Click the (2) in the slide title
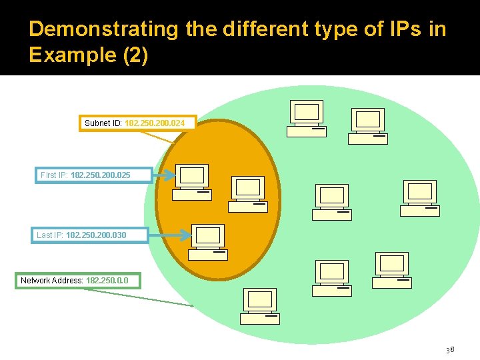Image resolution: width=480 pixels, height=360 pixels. pos(135,55)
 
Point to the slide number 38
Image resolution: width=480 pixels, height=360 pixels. pos(450,349)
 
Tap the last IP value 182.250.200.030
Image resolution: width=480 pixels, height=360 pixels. pos(96,235)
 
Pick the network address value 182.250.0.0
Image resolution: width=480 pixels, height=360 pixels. pos(112,281)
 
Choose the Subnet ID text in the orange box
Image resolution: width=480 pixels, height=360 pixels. pos(103,123)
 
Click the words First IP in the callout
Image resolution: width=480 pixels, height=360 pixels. pos(53,175)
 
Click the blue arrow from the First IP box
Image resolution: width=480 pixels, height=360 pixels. pos(164,176)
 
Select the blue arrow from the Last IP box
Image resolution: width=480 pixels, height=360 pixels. pos(169,235)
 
